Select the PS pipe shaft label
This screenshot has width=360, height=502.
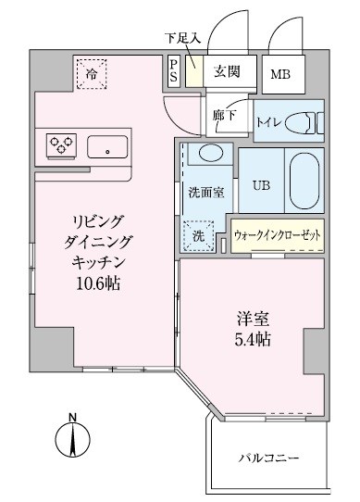click(x=174, y=71)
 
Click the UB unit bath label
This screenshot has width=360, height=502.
click(x=263, y=183)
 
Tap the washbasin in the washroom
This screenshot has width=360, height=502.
click(x=210, y=155)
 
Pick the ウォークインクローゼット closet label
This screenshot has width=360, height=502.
click(x=278, y=235)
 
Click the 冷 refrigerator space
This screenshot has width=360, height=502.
click(x=93, y=71)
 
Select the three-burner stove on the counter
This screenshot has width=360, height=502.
click(x=61, y=144)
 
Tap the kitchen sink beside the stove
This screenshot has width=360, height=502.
click(x=109, y=146)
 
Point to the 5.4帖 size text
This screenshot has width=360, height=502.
click(x=251, y=340)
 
